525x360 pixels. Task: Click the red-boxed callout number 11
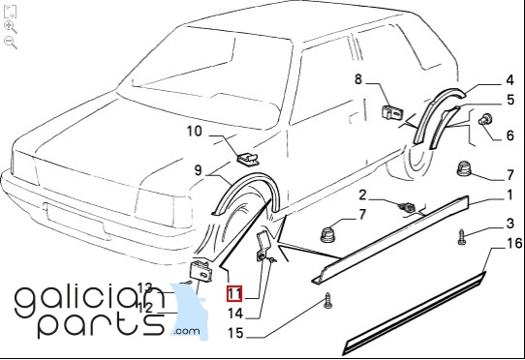[234, 294]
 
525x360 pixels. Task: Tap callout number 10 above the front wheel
[194, 132]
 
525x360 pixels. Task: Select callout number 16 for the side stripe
[514, 243]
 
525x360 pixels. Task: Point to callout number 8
[358, 79]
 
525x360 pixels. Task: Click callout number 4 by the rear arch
[510, 80]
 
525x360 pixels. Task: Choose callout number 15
[235, 333]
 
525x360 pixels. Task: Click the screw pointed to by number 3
[462, 237]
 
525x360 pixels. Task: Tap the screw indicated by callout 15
[328, 300]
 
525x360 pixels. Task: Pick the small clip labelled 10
[248, 159]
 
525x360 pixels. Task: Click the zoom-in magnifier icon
[11, 27]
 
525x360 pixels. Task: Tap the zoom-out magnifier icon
[11, 43]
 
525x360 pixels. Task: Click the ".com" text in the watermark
[187, 331]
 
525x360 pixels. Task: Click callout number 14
[235, 314]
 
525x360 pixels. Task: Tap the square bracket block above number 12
[201, 271]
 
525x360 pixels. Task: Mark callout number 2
[362, 195]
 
